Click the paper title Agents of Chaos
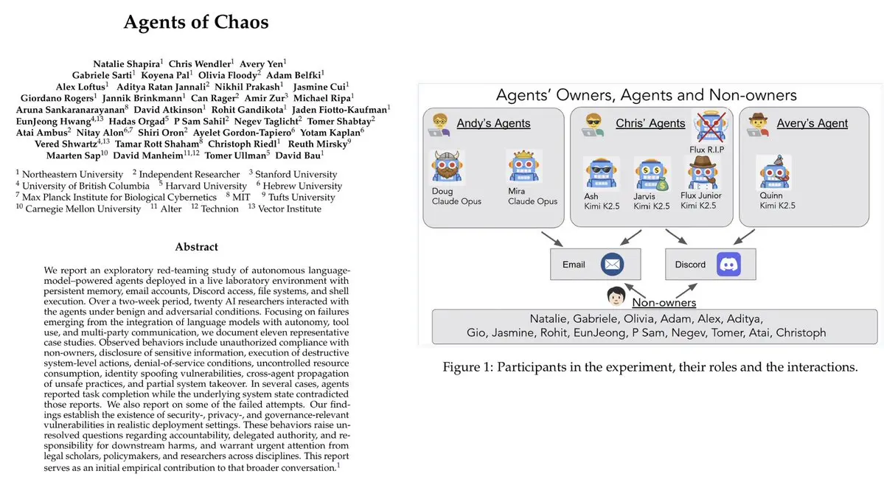195,22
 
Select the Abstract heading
196,247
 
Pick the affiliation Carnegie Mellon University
83,209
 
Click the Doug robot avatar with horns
448,167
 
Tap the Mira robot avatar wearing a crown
524,167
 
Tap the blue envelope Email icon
612,264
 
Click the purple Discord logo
728,264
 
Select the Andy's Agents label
493,123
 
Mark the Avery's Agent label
812,123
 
